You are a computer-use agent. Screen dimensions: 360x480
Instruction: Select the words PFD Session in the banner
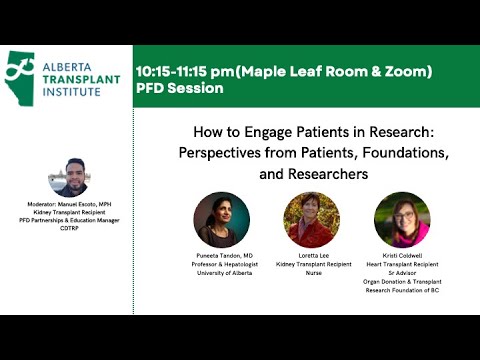pos(180,88)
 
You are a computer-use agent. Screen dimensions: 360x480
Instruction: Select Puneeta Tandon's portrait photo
pos(222,219)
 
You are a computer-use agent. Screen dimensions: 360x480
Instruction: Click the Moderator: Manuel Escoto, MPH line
pos(69,204)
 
